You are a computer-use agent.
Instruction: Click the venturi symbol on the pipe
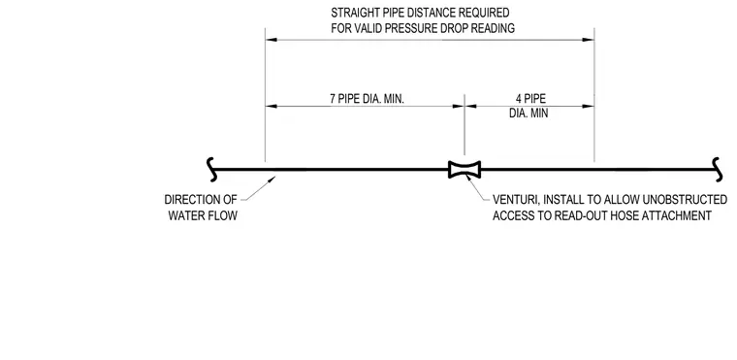tap(465, 170)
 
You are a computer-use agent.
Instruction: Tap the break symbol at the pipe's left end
tap(212, 170)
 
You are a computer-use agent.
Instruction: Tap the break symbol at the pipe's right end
tap(718, 170)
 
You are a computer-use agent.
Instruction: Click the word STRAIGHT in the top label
tap(353, 13)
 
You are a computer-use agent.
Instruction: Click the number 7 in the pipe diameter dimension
tap(333, 99)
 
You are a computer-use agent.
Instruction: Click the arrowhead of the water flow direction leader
tap(272, 179)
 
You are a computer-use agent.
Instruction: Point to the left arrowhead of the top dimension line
tap(272, 40)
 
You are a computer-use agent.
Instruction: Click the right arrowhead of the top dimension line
tap(589, 40)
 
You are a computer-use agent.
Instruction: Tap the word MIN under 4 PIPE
tap(539, 114)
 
